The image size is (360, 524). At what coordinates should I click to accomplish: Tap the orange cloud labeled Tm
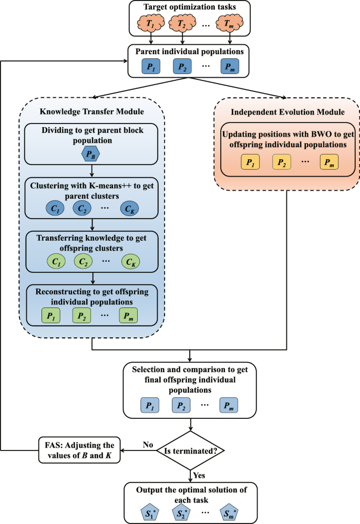pyautogui.click(x=230, y=24)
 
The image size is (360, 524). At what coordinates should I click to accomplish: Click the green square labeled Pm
pyautogui.click(x=129, y=315)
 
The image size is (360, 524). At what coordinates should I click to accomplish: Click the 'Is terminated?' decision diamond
pyautogui.click(x=191, y=450)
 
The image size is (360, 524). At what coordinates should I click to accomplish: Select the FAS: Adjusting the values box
pyautogui.click(x=79, y=450)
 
